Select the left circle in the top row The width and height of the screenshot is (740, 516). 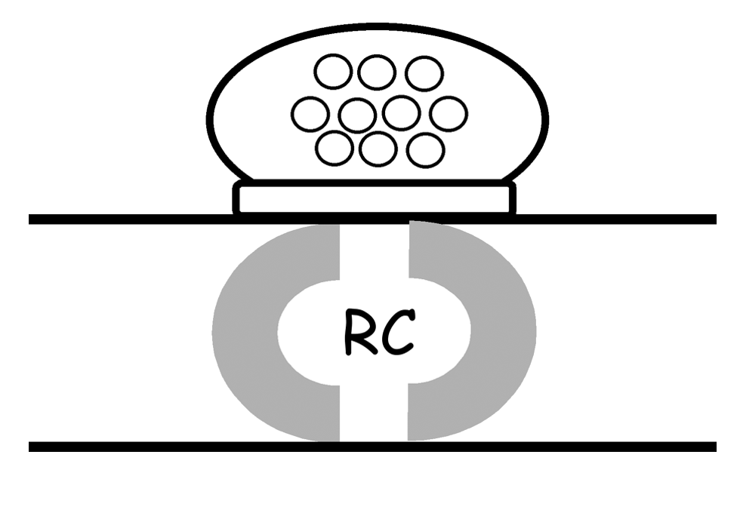coord(333,73)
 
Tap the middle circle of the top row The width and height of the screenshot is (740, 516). coord(376,72)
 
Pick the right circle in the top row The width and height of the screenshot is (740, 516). coord(424,73)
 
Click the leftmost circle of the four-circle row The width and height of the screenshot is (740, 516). coord(310,115)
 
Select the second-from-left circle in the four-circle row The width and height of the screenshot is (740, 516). coord(357,115)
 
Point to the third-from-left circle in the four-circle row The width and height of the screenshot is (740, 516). coord(401,113)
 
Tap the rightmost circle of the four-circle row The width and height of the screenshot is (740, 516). coord(449,114)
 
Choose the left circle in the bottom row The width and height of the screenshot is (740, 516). coord(335,147)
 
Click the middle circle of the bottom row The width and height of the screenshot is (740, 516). coord(378,148)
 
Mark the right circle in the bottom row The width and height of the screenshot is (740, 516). coord(425,149)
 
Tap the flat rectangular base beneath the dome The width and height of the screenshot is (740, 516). coord(375,198)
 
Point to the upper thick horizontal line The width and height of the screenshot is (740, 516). coord(113,220)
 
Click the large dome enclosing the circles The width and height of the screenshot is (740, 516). coord(249,121)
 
